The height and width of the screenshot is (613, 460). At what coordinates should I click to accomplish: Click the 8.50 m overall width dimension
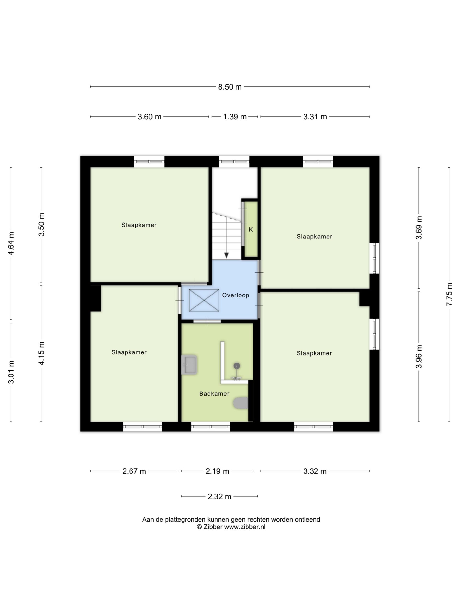point(230,87)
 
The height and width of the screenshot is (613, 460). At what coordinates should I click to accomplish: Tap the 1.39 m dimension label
point(235,117)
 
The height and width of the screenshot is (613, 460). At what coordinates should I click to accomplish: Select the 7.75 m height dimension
point(449,294)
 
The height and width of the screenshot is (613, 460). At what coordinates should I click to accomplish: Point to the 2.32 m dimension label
point(219,496)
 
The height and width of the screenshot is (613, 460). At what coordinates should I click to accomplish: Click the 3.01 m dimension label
point(11,372)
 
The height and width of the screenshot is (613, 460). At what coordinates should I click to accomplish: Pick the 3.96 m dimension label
point(419,357)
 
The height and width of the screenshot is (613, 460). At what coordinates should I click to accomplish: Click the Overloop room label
point(236,295)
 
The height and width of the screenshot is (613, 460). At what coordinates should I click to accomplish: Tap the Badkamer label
point(214,393)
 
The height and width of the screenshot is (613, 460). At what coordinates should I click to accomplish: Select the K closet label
point(251,229)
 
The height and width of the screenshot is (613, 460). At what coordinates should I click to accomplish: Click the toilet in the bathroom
point(240,403)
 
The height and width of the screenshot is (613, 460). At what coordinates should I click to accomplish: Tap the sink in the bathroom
point(189,365)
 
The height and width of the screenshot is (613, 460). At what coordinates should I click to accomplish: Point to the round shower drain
point(236,366)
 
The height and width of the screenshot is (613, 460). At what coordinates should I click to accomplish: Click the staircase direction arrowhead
point(227,255)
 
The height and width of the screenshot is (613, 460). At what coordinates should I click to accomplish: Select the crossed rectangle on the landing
point(204,300)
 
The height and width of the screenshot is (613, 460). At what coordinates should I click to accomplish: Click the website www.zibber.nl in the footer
point(245,527)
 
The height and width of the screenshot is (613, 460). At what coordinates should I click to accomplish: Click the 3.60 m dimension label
point(149,117)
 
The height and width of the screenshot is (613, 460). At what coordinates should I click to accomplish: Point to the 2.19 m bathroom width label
point(217,471)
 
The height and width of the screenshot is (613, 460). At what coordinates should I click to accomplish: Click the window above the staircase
point(234,162)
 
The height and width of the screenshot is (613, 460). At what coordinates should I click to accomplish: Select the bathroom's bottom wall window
point(211,427)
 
